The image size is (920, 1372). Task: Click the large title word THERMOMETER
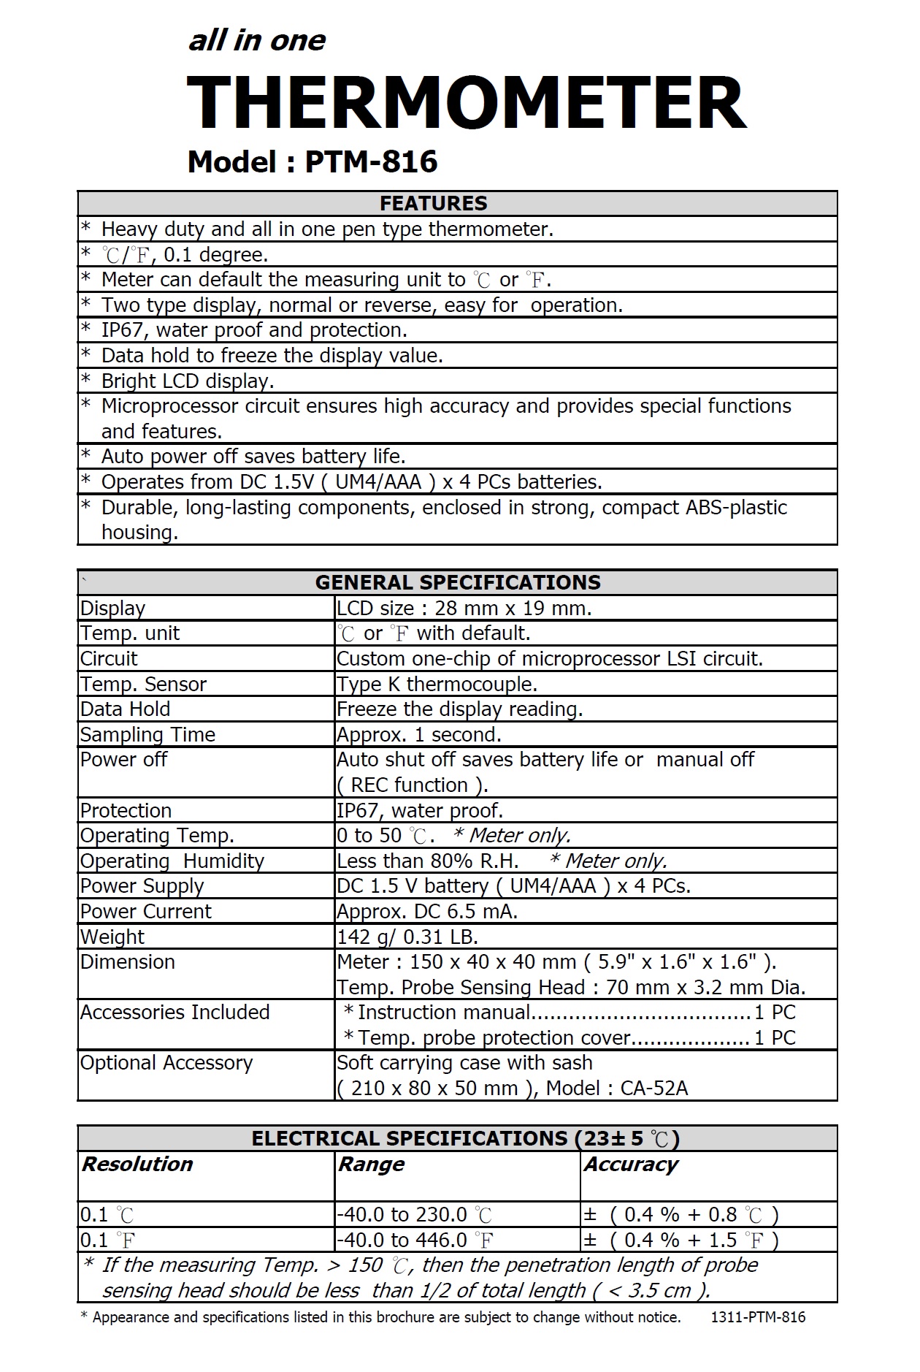click(x=467, y=103)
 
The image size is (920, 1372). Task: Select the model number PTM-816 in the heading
click(x=371, y=162)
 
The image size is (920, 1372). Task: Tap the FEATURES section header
click(x=434, y=203)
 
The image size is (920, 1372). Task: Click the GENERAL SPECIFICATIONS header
click(x=458, y=582)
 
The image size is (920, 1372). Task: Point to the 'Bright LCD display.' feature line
click(x=188, y=381)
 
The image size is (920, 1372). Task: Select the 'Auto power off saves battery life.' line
click(x=253, y=457)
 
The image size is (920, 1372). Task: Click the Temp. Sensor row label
click(x=144, y=684)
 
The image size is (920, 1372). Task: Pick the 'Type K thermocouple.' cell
click(x=437, y=684)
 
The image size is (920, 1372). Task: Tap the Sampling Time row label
click(x=148, y=734)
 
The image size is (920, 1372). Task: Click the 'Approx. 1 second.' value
click(x=419, y=734)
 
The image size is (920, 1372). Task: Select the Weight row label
click(x=112, y=937)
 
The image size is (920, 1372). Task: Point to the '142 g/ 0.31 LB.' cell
click(x=407, y=937)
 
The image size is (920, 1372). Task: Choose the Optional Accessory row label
click(x=166, y=1063)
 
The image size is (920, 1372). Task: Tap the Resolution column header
click(x=137, y=1164)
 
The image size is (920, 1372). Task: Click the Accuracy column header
click(x=631, y=1164)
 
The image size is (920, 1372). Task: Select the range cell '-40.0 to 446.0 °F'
click(x=415, y=1240)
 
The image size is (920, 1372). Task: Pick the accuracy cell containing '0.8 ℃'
click(x=681, y=1214)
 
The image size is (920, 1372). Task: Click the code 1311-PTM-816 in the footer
click(x=758, y=1317)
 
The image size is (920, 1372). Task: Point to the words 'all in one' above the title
click(x=257, y=41)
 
